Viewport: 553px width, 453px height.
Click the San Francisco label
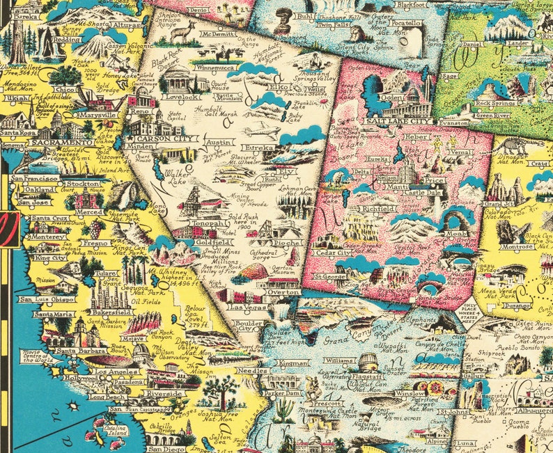pos(35,179)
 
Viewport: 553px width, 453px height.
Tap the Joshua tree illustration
pos(224,392)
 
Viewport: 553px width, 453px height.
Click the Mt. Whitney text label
pos(164,267)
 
